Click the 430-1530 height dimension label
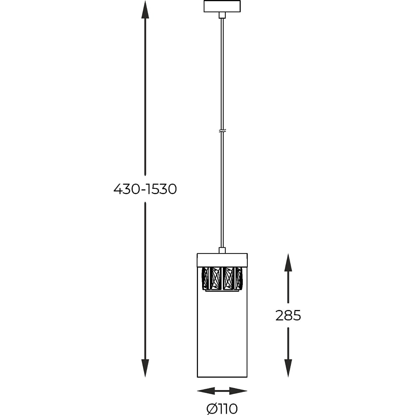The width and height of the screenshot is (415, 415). pos(145,189)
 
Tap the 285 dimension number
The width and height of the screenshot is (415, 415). pos(288,315)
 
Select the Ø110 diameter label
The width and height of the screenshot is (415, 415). pos(222,409)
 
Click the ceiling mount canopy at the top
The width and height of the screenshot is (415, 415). pos(222,7)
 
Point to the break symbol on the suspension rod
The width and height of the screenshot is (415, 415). pos(222,131)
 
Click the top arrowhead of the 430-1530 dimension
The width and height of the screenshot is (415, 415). pos(145,10)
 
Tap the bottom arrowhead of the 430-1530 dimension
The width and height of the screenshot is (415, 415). pos(145,368)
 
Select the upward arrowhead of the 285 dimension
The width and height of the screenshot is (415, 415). pos(288,262)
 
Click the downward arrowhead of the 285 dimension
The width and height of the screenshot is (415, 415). pos(288,368)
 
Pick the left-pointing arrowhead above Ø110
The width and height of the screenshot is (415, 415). pos(206,391)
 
